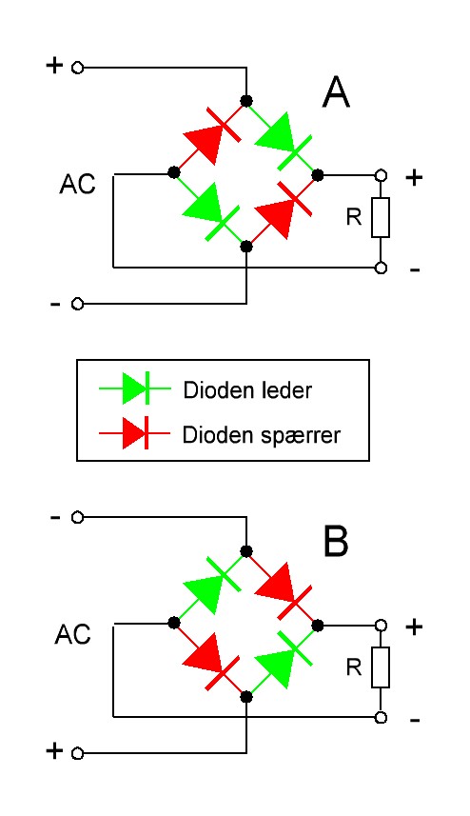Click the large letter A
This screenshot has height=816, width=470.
coord(336,93)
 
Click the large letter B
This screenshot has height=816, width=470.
coord(336,541)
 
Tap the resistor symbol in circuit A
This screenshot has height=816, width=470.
coord(381,217)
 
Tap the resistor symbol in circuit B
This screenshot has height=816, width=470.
coord(381,667)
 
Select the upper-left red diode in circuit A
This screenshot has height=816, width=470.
coord(211,135)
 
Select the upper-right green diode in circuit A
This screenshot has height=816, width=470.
coord(284,139)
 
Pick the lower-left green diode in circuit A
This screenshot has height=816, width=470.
coord(210,210)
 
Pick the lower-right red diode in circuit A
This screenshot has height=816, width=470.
coord(284,209)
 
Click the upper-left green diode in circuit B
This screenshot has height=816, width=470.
coord(211,585)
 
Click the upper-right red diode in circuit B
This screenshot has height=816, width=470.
coord(284,589)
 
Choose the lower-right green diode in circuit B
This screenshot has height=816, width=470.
coord(284,659)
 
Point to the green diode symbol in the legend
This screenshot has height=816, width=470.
coord(135,388)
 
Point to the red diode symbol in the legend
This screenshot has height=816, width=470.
coord(135,432)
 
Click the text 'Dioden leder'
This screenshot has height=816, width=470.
coord(247,389)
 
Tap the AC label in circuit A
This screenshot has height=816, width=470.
coord(78,184)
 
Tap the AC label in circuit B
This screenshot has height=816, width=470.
coord(73,634)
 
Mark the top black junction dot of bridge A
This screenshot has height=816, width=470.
coord(246,100)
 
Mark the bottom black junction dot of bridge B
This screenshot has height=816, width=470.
coord(246,696)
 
